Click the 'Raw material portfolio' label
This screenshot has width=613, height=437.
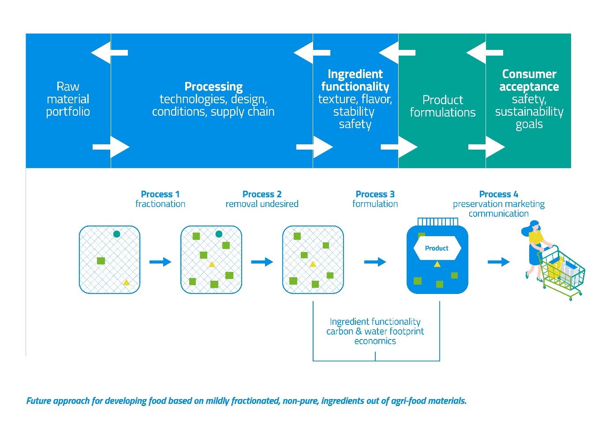(68, 99)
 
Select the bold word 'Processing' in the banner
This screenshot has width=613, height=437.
(213, 87)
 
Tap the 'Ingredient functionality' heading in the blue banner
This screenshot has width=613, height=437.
(355, 80)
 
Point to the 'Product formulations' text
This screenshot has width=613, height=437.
(442, 106)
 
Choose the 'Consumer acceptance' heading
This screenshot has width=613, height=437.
(529, 80)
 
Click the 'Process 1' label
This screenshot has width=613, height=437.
(160, 194)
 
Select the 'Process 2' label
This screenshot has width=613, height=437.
(262, 194)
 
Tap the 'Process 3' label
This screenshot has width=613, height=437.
(375, 194)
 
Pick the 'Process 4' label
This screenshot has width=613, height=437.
(498, 194)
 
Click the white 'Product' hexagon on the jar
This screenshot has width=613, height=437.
(437, 249)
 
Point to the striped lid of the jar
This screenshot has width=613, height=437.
(437, 221)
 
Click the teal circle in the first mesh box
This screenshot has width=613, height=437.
(116, 234)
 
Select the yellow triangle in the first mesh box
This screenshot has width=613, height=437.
(126, 282)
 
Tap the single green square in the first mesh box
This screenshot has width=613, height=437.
(101, 261)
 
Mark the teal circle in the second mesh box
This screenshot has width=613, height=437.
(219, 234)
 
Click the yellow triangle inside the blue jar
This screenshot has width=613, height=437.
(437, 264)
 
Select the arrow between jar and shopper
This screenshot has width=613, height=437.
(498, 262)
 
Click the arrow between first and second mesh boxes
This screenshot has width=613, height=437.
(160, 262)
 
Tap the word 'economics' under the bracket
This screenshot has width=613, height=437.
(375, 341)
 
